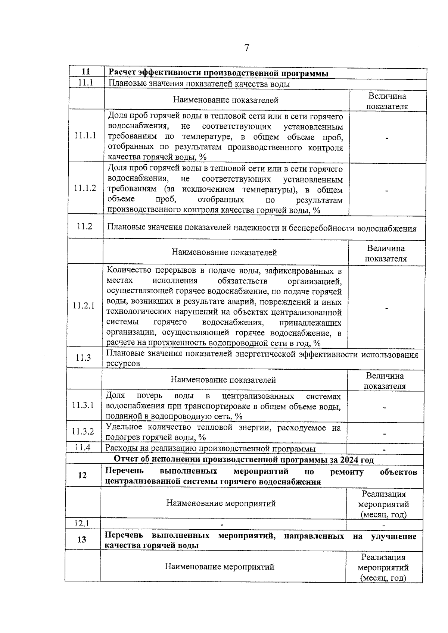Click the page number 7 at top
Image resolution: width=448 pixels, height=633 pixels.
tap(246, 48)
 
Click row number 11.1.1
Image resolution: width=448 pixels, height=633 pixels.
tap(85, 135)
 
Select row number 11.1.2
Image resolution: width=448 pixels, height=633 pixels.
tap(85, 188)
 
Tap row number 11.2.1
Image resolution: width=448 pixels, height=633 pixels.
tap(84, 306)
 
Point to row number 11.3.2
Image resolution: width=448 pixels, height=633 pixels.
tap(83, 432)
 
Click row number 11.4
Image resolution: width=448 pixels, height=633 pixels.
tap(83, 447)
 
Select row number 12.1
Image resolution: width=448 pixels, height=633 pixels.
tap(82, 523)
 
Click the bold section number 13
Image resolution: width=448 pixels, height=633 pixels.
tap(82, 540)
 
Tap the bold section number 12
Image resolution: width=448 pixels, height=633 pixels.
tap(82, 475)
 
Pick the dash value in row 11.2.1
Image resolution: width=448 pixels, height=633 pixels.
tap(386, 308)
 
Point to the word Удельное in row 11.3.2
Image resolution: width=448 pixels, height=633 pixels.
tap(124, 427)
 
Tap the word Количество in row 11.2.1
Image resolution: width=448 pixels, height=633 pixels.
tap(128, 270)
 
